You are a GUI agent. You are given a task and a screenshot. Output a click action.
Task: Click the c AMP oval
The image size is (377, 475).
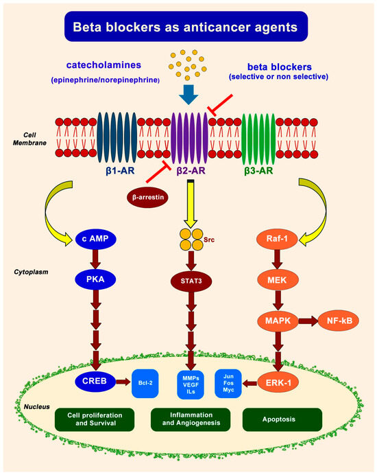[95, 239]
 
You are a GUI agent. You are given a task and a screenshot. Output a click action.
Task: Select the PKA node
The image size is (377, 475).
[95, 279]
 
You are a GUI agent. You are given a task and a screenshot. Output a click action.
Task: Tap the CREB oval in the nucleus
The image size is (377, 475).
[95, 381]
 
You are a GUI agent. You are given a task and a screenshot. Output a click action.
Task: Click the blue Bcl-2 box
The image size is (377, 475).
[145, 383]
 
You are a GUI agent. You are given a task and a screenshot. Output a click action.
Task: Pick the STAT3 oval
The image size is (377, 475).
[191, 281]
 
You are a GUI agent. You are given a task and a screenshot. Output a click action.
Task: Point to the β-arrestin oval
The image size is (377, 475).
[147, 198]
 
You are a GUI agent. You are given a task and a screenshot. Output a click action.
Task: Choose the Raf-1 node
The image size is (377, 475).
[277, 239]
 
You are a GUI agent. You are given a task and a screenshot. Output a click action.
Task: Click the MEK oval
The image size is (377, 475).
[277, 280]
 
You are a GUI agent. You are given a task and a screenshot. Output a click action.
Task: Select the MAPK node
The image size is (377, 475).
[278, 321]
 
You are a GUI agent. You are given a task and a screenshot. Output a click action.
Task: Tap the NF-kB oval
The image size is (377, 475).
[339, 321]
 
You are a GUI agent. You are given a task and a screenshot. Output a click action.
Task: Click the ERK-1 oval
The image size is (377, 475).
[278, 383]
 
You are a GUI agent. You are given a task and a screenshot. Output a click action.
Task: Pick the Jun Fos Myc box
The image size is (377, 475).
[228, 383]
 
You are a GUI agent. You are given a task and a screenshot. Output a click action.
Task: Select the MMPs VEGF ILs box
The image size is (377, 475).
[191, 384]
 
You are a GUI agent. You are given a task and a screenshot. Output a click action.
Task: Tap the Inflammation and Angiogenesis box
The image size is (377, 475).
[191, 419]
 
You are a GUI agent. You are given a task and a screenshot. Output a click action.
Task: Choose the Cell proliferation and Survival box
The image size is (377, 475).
[95, 419]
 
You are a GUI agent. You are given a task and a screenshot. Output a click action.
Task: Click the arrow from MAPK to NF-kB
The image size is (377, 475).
[308, 321]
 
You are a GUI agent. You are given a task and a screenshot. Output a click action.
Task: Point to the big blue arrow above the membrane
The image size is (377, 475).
[188, 95]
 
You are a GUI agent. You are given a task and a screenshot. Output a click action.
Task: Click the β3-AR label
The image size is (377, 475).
[258, 170]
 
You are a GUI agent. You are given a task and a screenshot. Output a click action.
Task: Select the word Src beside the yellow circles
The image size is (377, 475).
[209, 240]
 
